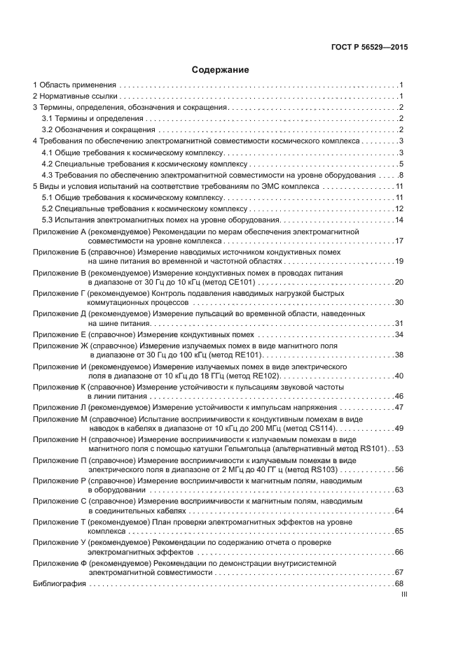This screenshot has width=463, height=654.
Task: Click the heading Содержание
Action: coord(221,70)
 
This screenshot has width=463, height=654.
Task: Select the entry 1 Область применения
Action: coord(74,84)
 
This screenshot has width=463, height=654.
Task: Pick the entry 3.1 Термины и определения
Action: coord(87,118)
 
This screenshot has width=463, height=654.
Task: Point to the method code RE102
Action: coord(234,376)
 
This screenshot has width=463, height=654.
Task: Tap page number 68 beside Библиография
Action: coord(399,583)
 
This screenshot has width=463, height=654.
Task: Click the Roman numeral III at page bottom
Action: coord(403,595)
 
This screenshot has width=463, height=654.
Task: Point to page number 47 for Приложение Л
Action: coord(399,407)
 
